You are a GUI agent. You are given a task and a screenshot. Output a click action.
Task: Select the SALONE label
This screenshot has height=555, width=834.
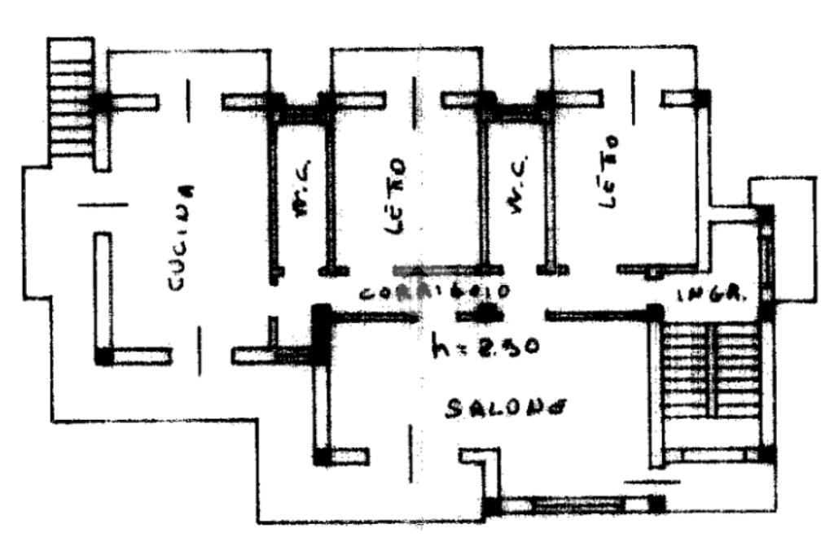click(x=505, y=406)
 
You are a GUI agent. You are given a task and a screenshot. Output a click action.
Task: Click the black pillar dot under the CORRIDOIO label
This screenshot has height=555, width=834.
click(x=488, y=311)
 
